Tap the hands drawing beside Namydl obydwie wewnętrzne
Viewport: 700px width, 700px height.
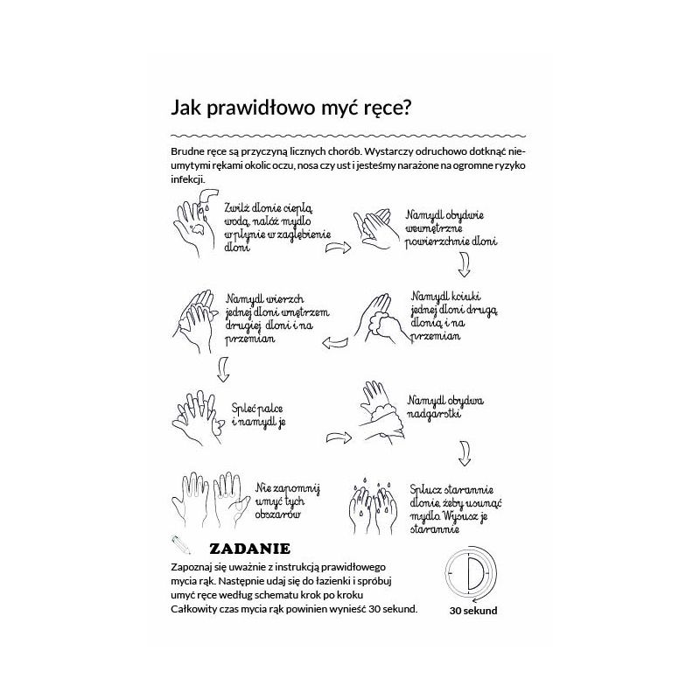click(x=374, y=230)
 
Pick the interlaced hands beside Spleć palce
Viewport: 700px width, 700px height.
click(x=198, y=412)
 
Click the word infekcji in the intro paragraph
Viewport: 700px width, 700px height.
click(x=189, y=179)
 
